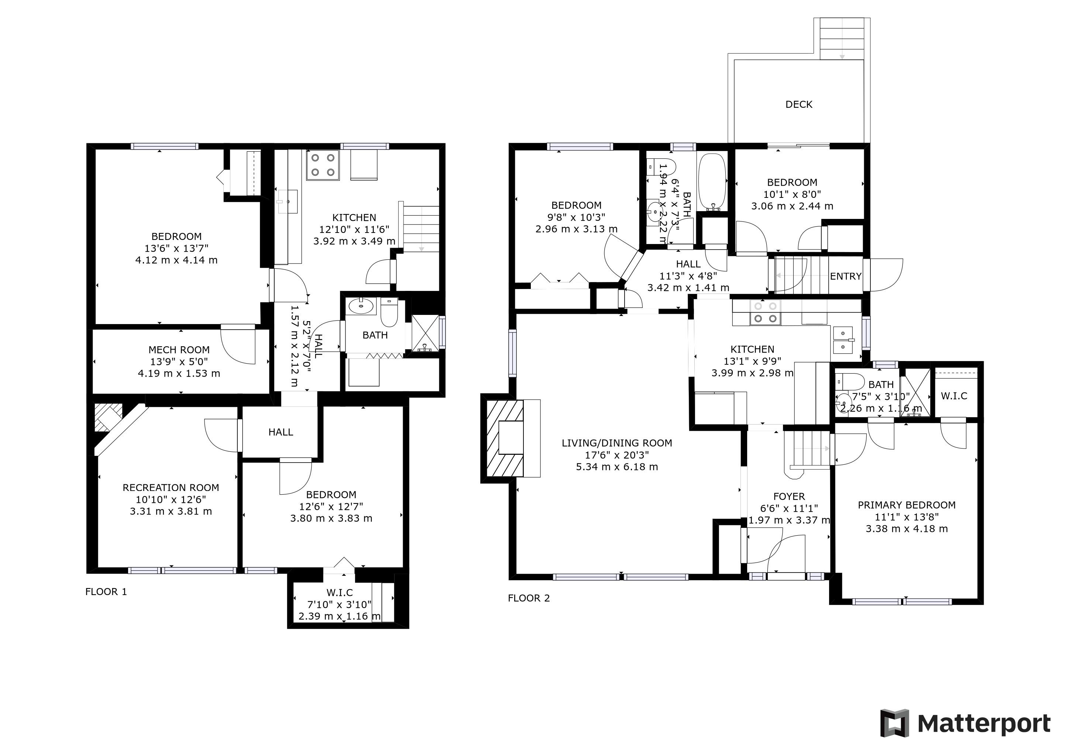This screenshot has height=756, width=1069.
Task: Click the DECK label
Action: coord(798,104)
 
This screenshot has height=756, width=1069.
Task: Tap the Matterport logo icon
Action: coord(894,723)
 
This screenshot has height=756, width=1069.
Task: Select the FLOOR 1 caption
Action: coord(106,592)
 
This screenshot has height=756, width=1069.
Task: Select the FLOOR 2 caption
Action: coord(529,598)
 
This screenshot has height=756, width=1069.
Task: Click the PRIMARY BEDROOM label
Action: coord(907,505)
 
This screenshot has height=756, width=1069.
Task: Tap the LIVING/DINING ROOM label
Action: coord(617,443)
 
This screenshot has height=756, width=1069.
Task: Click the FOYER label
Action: coord(789,497)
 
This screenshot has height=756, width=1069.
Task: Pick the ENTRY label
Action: coord(846,276)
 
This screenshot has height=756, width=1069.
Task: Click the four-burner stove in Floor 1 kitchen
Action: coord(321,165)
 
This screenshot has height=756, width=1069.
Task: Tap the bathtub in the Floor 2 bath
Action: coord(712,182)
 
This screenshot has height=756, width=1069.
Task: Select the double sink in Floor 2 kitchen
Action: coord(843,340)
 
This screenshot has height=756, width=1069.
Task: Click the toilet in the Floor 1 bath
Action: coord(389,311)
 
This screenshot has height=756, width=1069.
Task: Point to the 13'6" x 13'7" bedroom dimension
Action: coord(176,248)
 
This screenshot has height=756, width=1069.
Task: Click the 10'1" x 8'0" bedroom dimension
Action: coord(792,194)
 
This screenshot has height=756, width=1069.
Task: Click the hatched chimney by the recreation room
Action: coord(108,418)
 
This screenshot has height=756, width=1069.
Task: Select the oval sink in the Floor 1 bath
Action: coord(361,306)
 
